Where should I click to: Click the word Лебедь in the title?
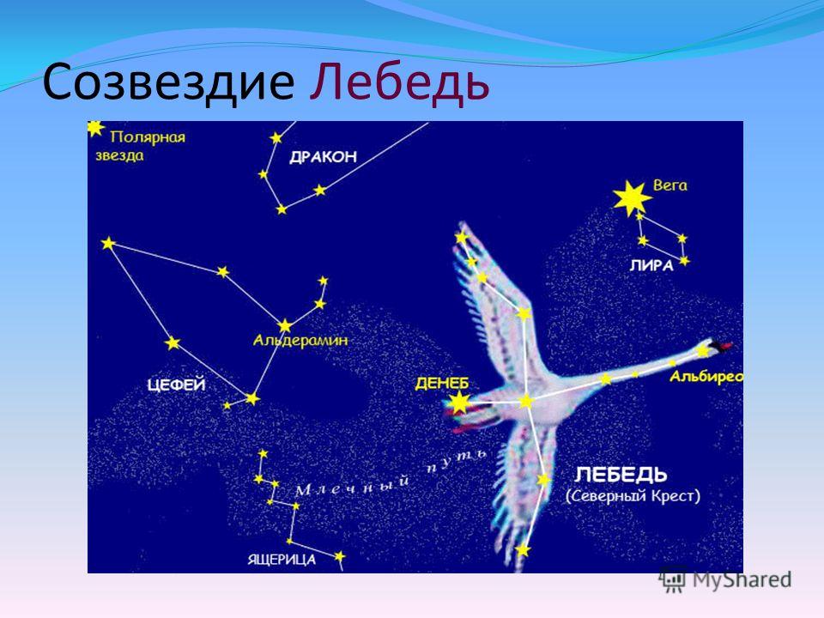[x=399, y=83]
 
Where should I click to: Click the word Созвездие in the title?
[x=168, y=82]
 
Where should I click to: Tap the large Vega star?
[x=632, y=198]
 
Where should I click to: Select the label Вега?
[x=670, y=185]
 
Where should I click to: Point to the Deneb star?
[x=459, y=403]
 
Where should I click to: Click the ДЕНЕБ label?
[x=442, y=384]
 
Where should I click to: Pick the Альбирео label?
[x=706, y=376]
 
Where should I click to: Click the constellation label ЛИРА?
[x=651, y=266]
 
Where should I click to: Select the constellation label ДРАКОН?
[x=324, y=156]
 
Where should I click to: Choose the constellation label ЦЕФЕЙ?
[x=177, y=385]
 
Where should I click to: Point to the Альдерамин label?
[x=300, y=341]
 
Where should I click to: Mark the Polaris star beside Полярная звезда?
[x=94, y=128]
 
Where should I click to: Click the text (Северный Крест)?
[x=633, y=496]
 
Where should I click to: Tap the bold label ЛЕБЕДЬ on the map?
[x=621, y=475]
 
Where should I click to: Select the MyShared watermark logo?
[x=725, y=579]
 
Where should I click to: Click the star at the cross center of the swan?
[x=526, y=402]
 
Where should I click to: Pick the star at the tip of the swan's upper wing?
[x=462, y=238]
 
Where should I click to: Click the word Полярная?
[x=148, y=137]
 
